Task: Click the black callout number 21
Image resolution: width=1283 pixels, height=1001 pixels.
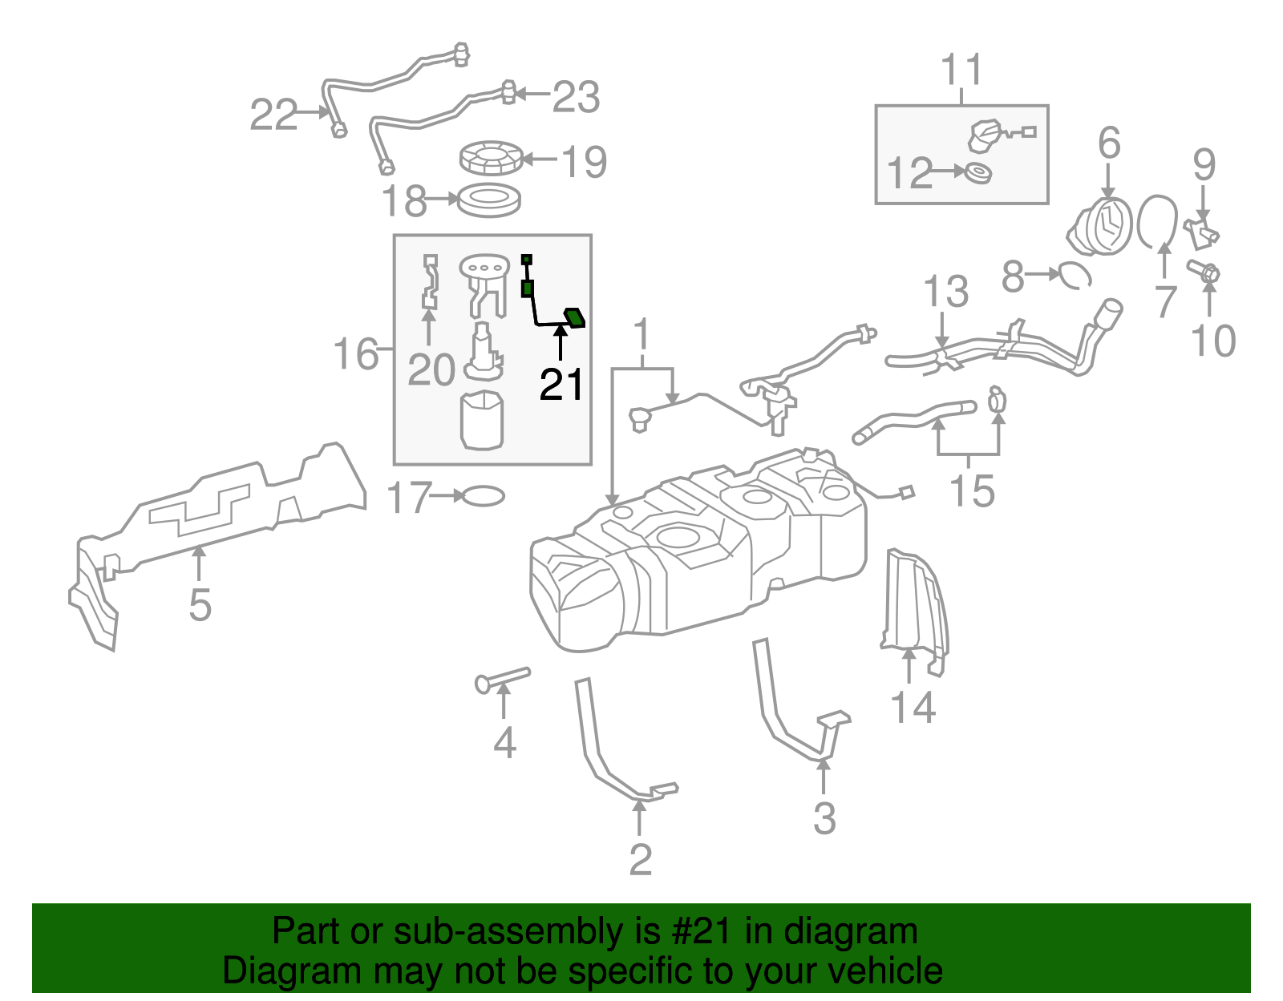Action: [x=561, y=385]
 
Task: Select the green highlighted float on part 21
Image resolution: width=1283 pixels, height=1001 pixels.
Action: [x=575, y=318]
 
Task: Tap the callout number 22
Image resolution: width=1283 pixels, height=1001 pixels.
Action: [x=273, y=115]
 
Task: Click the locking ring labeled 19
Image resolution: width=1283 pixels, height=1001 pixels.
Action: [x=491, y=157]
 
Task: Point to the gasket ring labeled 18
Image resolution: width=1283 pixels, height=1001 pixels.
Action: [x=489, y=199]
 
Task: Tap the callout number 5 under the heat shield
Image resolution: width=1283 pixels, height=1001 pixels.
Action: [x=200, y=605]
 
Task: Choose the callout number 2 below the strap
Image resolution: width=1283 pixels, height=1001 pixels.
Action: [x=640, y=860]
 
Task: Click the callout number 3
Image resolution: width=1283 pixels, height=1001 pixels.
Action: [x=824, y=818]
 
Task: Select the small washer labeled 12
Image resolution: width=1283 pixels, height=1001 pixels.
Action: [x=977, y=172]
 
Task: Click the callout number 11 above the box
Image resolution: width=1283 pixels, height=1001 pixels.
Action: [x=961, y=71]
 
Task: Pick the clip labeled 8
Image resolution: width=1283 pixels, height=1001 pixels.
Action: [x=1075, y=275]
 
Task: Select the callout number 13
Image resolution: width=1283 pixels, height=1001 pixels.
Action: [x=946, y=293]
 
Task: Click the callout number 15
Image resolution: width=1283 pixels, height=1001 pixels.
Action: [x=971, y=491]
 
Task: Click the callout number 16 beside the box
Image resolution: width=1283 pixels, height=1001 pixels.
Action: [x=355, y=354]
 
